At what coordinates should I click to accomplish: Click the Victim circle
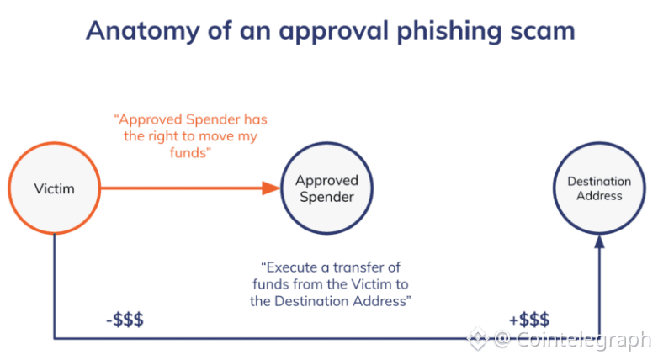(54, 188)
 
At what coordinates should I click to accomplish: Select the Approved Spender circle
(326, 188)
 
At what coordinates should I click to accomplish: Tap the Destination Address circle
(599, 188)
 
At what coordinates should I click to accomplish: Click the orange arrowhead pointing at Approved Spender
(269, 188)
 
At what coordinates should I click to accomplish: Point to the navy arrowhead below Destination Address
(599, 243)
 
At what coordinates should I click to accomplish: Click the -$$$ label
(125, 320)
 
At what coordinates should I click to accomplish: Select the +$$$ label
(529, 320)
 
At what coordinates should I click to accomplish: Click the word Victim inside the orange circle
(54, 188)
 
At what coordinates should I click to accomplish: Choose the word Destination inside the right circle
(599, 181)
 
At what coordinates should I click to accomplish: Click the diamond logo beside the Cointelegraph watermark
(477, 340)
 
